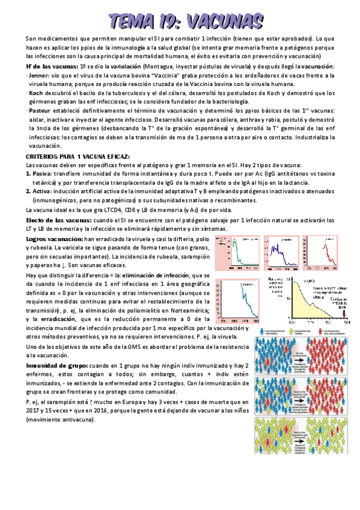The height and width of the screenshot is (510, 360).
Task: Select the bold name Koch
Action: (x=36, y=93)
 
